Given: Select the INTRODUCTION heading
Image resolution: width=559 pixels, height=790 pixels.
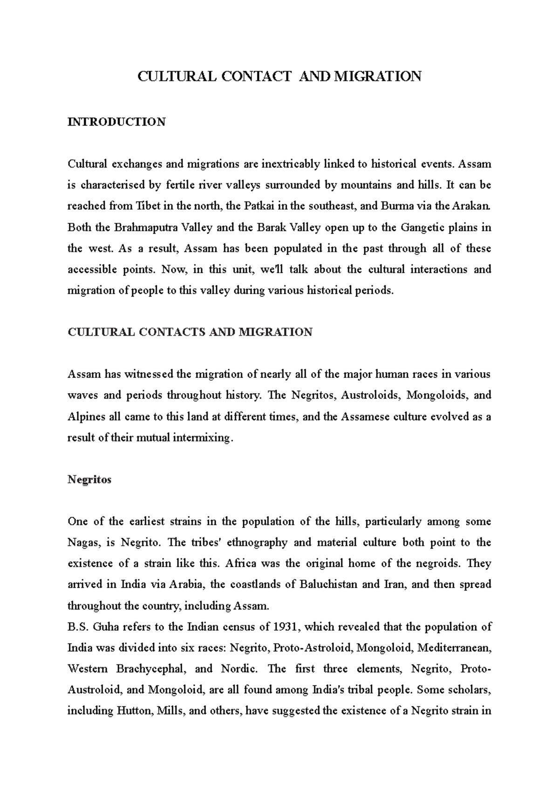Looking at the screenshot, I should pyautogui.click(x=116, y=122).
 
